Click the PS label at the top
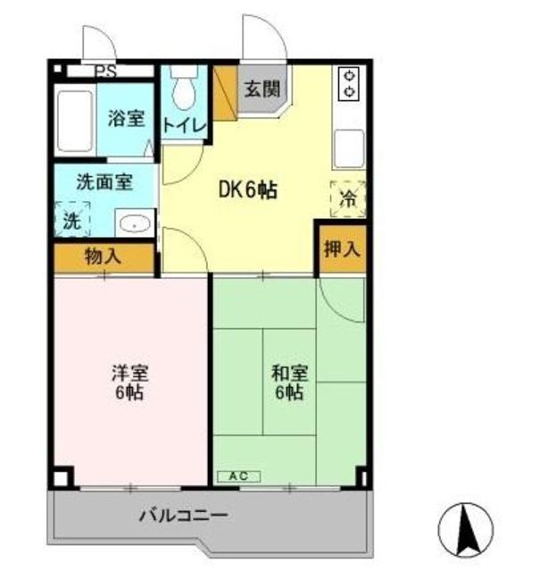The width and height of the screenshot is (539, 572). (105, 71)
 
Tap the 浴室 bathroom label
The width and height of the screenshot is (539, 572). (126, 119)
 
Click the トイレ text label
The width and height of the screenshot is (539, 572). (185, 126)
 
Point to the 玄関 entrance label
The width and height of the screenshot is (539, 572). (262, 89)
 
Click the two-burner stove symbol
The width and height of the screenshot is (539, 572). (349, 83)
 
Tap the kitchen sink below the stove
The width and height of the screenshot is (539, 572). (349, 149)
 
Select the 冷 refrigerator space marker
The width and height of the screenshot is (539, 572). (348, 199)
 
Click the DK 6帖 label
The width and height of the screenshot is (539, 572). (248, 190)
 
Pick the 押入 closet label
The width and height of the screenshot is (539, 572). (342, 249)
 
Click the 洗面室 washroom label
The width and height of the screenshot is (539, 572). (104, 182)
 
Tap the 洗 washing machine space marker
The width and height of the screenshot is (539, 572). (72, 220)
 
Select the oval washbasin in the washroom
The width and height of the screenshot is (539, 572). (135, 223)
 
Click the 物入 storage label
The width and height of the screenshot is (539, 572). (103, 257)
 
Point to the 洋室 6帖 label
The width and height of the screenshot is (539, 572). (130, 383)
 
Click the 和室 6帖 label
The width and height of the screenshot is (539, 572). (290, 383)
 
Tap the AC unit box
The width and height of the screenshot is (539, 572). (239, 476)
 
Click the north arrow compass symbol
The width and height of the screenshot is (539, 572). (465, 529)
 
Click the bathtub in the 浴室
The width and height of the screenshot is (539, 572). (75, 121)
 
